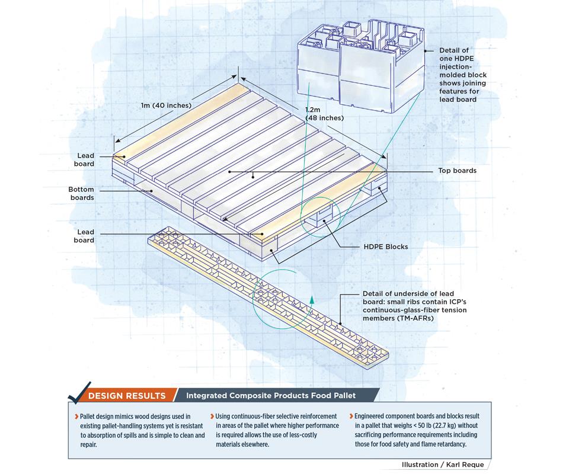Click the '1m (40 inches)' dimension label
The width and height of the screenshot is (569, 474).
pos(166,105)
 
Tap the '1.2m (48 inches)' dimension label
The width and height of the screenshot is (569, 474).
pos(324,114)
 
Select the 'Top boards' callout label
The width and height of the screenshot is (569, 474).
pos(456,171)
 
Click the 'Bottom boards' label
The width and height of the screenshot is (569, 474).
pos(81,194)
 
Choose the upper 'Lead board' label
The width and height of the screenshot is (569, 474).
pos(85,160)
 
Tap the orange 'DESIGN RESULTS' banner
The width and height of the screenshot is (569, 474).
pos(127,396)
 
